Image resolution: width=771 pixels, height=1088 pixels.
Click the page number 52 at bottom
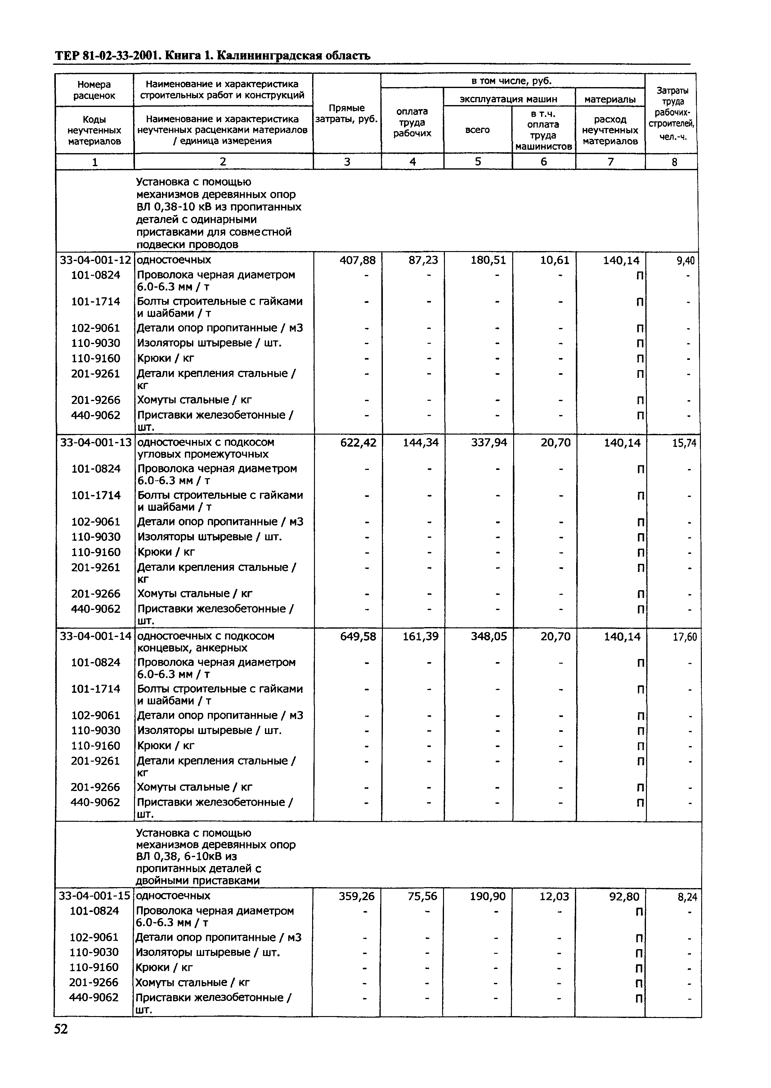pos(61,1029)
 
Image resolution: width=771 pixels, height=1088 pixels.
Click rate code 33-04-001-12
pos(95,260)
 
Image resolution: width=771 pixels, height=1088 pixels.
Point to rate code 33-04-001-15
pos(94,896)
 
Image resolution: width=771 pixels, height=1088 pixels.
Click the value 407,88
pos(357,260)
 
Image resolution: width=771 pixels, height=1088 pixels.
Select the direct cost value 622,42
pos(358,443)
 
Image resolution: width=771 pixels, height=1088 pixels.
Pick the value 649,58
pos(358,636)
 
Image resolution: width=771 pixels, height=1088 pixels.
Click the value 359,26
pos(356,896)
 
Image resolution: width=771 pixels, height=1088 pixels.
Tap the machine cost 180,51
pos(488,260)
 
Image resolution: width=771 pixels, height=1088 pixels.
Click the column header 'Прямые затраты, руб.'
pos(347,113)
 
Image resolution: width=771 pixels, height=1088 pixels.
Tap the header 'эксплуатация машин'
pos(509,99)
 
